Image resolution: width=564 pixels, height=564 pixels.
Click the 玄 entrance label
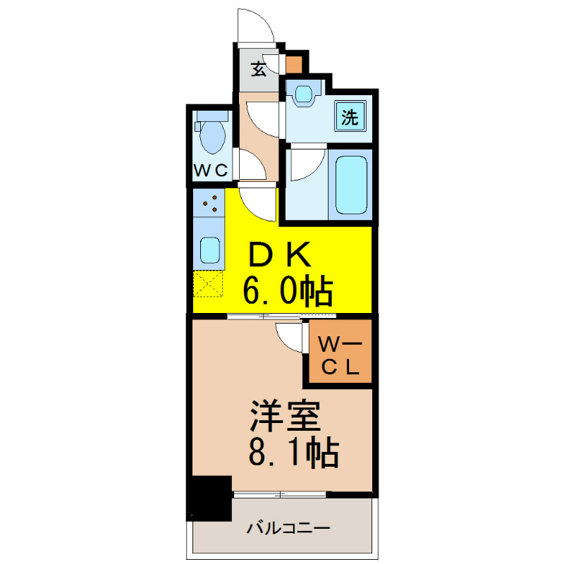(259, 69)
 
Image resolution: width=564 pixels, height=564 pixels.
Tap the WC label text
(211, 170)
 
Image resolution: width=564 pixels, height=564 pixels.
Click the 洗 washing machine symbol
(350, 116)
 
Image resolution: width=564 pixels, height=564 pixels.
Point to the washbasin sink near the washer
(304, 94)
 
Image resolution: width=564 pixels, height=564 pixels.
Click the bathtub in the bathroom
(351, 185)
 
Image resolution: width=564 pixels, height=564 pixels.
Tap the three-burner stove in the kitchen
(209, 203)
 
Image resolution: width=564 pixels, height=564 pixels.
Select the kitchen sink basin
(210, 250)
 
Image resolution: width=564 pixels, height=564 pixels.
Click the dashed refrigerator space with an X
(208, 284)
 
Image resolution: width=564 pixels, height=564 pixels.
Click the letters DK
(279, 255)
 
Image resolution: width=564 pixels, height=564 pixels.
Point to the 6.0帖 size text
(288, 290)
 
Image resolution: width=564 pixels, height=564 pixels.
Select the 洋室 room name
(286, 415)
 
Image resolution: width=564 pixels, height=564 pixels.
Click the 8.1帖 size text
(293, 452)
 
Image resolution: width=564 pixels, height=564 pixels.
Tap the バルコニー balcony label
(288, 528)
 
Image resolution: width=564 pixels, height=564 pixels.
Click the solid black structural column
(209, 498)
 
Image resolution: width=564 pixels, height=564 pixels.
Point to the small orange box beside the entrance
(294, 65)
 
